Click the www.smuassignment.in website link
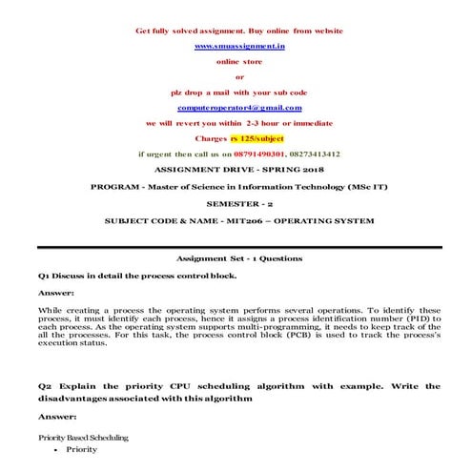[239, 46]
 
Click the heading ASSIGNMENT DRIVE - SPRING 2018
[239, 169]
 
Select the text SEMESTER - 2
[239, 203]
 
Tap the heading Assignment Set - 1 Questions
[239, 258]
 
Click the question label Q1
[44, 275]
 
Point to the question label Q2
[45, 386]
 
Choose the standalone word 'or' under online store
[239, 76]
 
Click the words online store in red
[239, 61]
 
